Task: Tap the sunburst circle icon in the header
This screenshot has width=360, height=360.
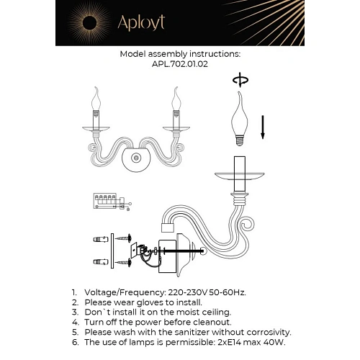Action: [x=84, y=23]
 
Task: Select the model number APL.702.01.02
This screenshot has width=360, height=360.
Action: [x=180, y=63]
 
